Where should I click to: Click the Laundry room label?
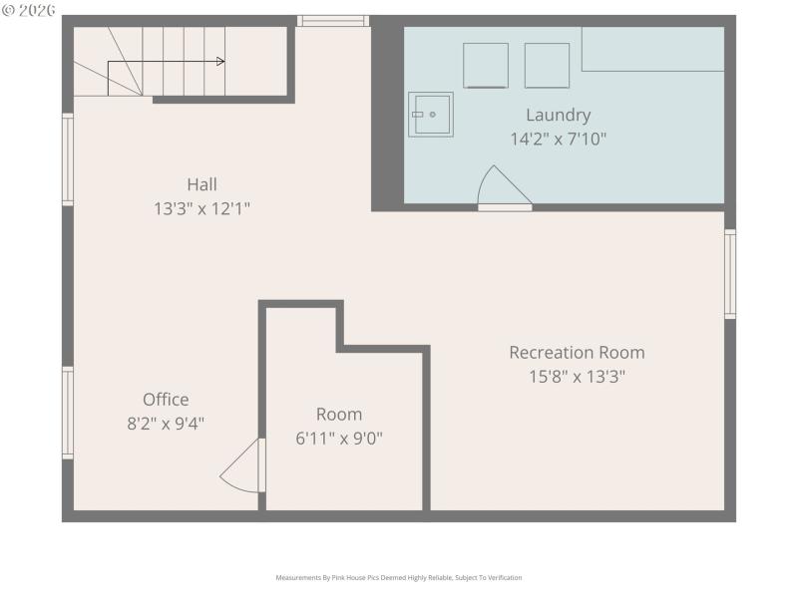point(558,115)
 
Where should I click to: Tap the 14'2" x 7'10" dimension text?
point(558,140)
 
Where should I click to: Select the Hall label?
point(201,184)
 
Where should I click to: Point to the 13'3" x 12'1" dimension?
point(201,208)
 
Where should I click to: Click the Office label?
point(166,400)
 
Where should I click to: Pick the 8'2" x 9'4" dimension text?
point(166,423)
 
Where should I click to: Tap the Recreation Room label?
point(577,353)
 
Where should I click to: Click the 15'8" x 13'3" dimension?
point(577,377)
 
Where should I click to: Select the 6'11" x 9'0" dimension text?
point(339,438)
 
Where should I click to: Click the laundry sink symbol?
point(430,114)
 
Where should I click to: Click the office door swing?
point(242,467)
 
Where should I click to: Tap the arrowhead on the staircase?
point(219,62)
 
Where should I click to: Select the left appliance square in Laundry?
point(486,66)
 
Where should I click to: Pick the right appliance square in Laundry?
point(547,66)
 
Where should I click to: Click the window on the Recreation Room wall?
point(730,274)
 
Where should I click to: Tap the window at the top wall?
point(333,21)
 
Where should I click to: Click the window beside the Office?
point(68,412)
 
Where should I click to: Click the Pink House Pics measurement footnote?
point(398,578)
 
